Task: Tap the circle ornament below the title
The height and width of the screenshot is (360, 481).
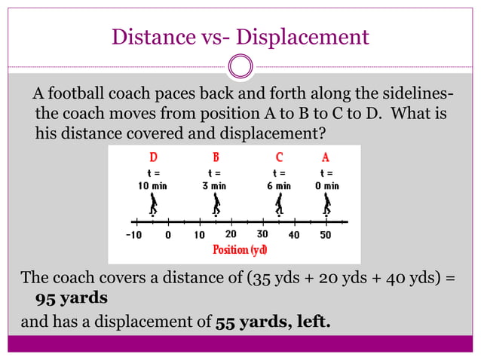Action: click(240, 66)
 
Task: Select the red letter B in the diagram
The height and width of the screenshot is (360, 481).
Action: click(216, 158)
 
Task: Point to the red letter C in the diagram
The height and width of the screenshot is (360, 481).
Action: click(279, 158)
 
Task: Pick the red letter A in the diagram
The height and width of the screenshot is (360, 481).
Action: click(326, 158)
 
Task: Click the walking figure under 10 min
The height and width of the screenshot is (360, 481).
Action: click(154, 205)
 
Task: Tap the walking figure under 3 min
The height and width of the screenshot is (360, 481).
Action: click(216, 205)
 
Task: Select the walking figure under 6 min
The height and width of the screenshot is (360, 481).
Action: click(279, 205)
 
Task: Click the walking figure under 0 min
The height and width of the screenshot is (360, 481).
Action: click(326, 205)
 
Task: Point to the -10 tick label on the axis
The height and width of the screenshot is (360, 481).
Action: click(133, 235)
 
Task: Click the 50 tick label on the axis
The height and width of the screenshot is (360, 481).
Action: click(326, 235)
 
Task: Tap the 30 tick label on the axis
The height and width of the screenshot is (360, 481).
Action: click(262, 234)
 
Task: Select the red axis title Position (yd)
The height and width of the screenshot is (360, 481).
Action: click(240, 249)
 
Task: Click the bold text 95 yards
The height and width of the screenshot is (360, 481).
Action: click(72, 297)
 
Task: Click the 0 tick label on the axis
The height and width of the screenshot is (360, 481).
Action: click(168, 235)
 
